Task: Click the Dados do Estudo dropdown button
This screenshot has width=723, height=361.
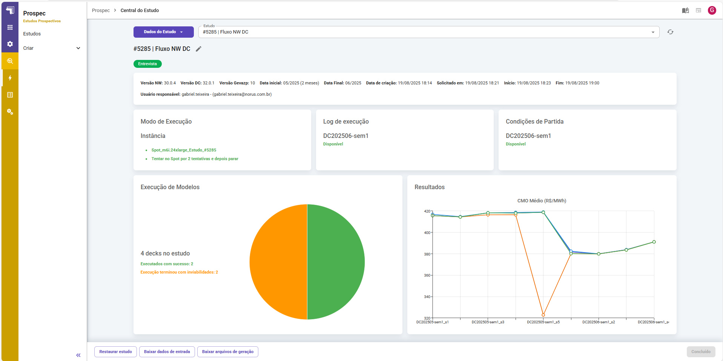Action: pyautogui.click(x=163, y=32)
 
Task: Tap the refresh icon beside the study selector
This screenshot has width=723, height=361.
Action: pyautogui.click(x=670, y=32)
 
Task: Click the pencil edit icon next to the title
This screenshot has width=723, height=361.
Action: pyautogui.click(x=199, y=49)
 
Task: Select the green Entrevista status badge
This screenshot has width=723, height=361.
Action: pyautogui.click(x=147, y=64)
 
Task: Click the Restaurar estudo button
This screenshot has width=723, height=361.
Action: pyautogui.click(x=115, y=352)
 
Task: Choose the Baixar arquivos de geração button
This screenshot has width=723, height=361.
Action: pyautogui.click(x=228, y=352)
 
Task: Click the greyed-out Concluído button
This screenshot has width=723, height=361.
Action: pyautogui.click(x=701, y=352)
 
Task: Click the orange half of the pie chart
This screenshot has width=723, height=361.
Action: pyautogui.click(x=278, y=262)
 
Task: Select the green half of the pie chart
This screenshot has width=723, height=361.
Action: pyautogui.click(x=336, y=262)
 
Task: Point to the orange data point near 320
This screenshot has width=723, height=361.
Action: pyautogui.click(x=543, y=315)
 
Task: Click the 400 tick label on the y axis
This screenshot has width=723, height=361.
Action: pyautogui.click(x=427, y=233)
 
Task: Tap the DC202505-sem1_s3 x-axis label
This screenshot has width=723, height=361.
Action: pyautogui.click(x=488, y=322)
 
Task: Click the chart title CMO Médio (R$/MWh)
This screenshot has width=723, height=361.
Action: pyautogui.click(x=542, y=201)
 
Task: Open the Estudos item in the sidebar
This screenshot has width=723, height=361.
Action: pyautogui.click(x=32, y=34)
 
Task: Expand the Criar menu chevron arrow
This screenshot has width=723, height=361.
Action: pyautogui.click(x=78, y=48)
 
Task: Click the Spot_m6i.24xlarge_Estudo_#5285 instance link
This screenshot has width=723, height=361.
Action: pyautogui.click(x=184, y=150)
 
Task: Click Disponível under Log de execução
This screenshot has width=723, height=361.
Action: pyautogui.click(x=333, y=144)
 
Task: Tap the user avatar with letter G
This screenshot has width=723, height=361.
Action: pyautogui.click(x=712, y=10)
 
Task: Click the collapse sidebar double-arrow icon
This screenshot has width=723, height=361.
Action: pyautogui.click(x=78, y=355)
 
